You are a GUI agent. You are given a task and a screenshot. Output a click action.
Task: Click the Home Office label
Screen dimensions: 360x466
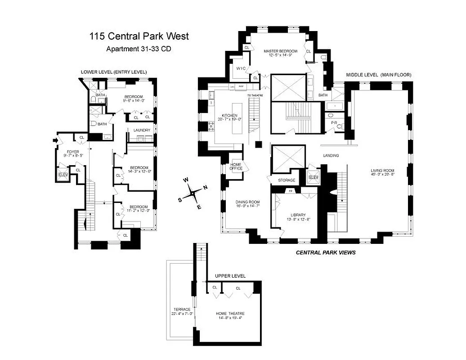236,166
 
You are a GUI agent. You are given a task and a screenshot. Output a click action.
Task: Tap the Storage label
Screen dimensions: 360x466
287,180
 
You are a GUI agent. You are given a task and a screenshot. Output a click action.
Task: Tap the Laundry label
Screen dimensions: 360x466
142,130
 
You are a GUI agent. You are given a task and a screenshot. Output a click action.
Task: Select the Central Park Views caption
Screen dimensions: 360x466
326,253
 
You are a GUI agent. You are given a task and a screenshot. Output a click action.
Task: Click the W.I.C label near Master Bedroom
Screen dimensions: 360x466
241,68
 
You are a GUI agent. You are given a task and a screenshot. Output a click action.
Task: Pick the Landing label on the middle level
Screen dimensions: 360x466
331,156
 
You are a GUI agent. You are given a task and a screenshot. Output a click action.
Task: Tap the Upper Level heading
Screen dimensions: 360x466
230,276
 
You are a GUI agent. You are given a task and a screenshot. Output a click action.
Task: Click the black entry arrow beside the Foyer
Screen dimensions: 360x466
55,140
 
